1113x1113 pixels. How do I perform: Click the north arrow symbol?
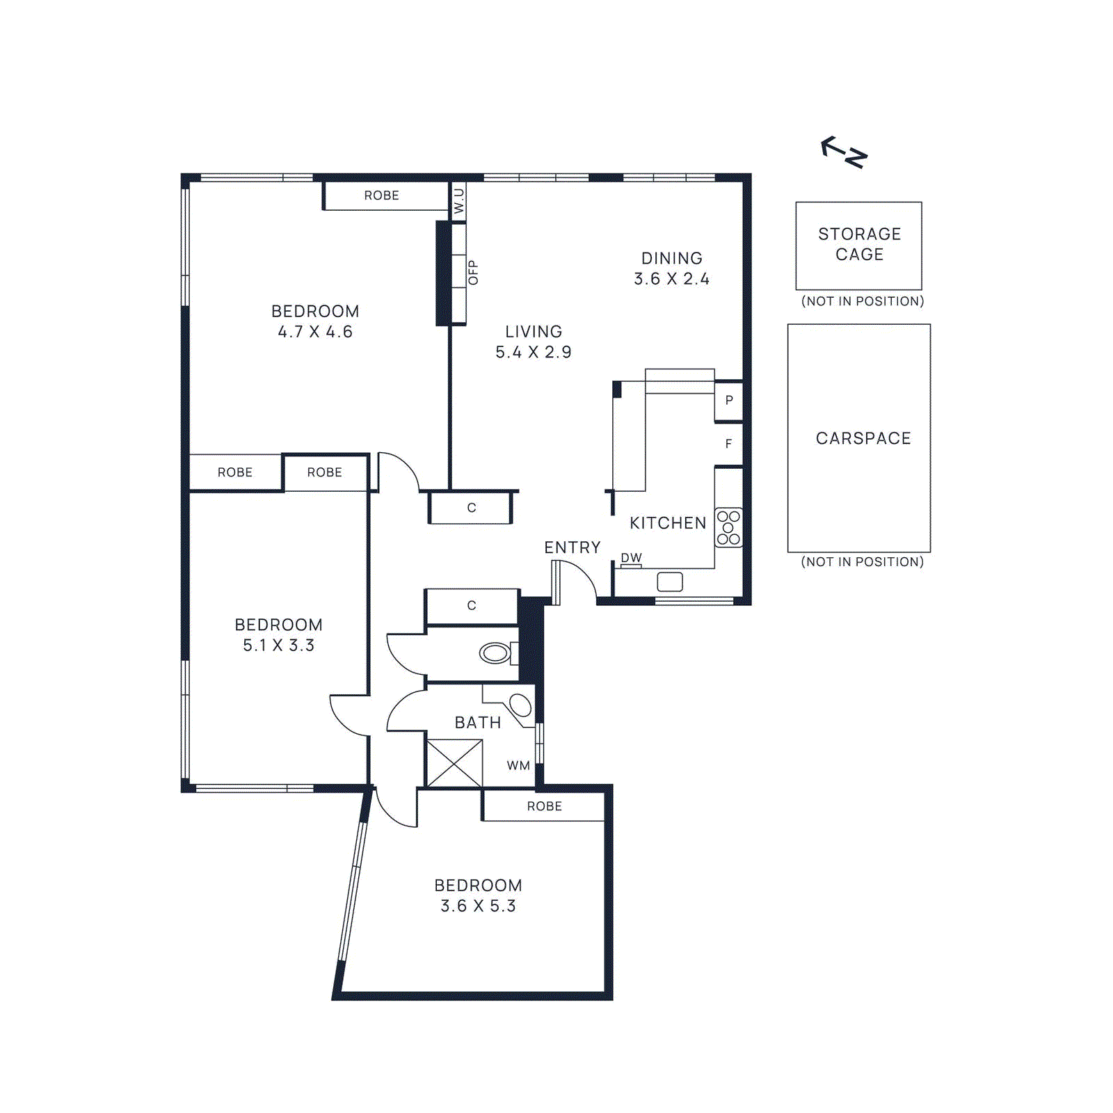844,152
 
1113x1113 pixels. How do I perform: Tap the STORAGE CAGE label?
859,244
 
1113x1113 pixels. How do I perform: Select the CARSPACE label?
863,438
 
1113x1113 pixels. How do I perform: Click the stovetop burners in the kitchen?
728,528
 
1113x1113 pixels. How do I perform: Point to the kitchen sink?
670,582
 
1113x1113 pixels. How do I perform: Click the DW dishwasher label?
631,558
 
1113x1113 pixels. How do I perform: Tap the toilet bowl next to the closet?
495,653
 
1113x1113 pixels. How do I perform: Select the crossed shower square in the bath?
454,764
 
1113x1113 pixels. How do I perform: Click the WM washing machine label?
518,766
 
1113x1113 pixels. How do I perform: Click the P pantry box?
729,401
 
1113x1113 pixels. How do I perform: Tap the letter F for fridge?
728,444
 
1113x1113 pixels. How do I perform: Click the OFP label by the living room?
474,272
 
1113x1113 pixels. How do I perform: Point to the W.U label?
458,201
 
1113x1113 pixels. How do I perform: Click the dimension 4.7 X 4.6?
315,332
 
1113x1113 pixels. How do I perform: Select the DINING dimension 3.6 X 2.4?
671,279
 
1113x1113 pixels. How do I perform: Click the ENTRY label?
572,547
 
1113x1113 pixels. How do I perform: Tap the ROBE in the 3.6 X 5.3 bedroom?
544,806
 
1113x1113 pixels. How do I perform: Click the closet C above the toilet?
472,606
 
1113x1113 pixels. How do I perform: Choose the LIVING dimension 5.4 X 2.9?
534,353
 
